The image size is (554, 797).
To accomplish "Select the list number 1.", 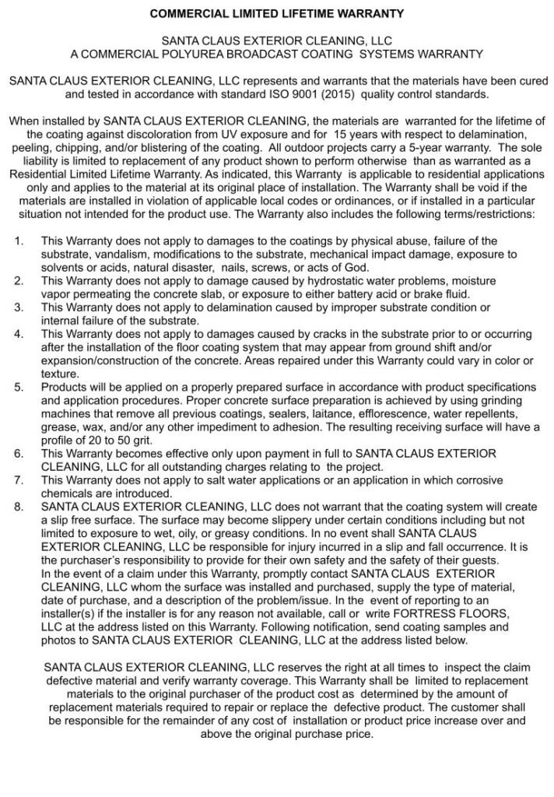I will pyautogui.click(x=19, y=241).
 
